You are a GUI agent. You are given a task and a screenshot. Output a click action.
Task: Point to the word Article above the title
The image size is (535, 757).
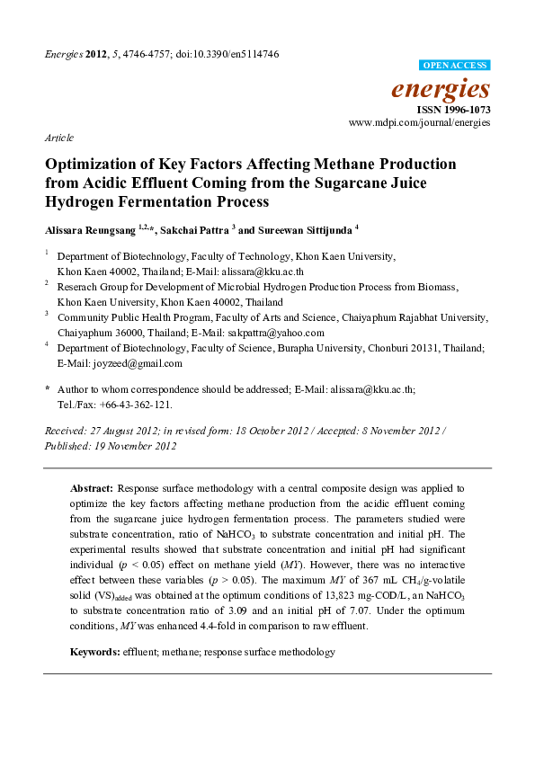click(59, 138)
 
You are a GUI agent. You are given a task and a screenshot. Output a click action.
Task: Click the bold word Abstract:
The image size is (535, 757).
click(93, 486)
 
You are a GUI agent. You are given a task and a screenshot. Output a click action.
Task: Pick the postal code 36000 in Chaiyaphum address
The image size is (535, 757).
click(126, 330)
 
